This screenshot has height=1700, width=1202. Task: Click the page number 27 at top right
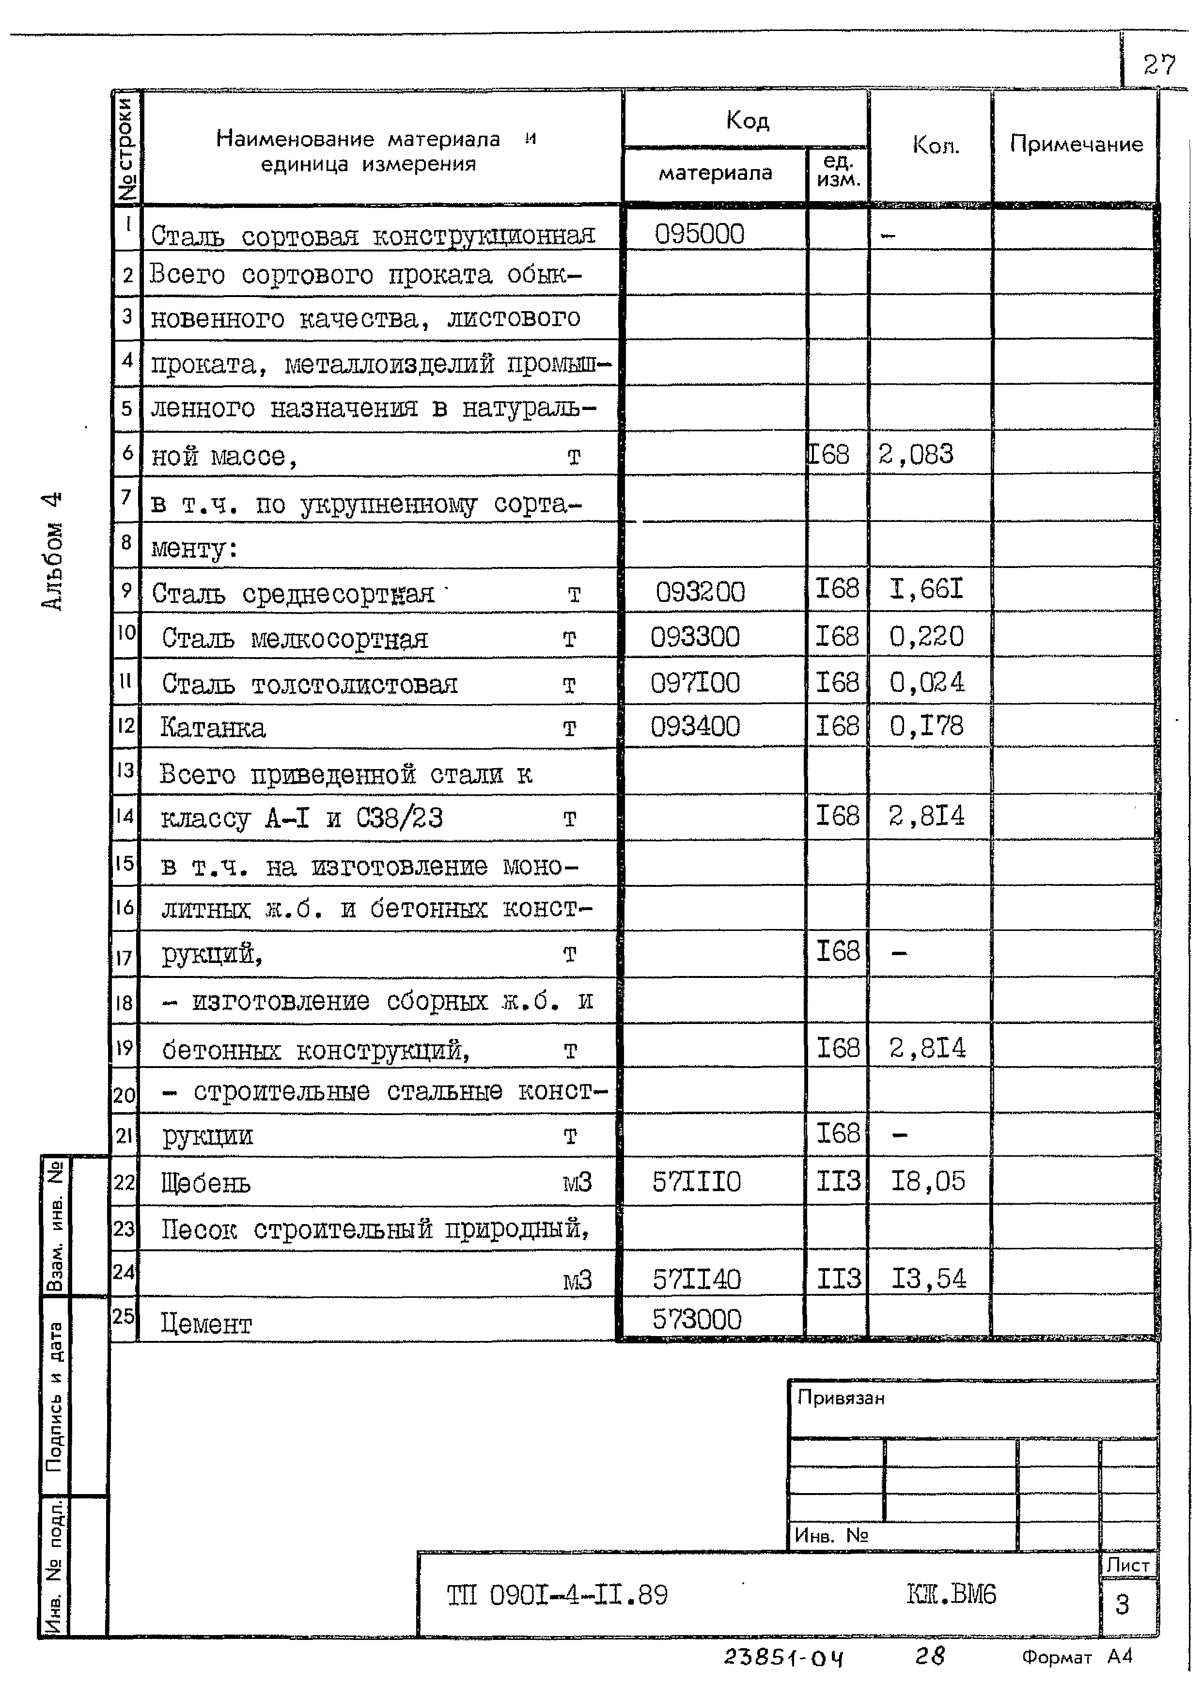pos(1158,65)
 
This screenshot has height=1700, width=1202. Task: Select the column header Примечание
pos(1076,144)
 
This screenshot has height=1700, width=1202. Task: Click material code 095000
pos(700,235)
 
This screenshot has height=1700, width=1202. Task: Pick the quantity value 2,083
pos(916,455)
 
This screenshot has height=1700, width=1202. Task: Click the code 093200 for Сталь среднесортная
pos(700,592)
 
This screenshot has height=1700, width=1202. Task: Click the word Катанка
pos(212,728)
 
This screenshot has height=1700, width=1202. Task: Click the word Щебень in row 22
pos(206,1184)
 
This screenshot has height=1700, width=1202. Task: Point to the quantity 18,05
pos(927,1181)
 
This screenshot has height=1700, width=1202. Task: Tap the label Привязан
pos(841,1399)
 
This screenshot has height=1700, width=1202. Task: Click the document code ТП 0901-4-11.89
pos(557,1595)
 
